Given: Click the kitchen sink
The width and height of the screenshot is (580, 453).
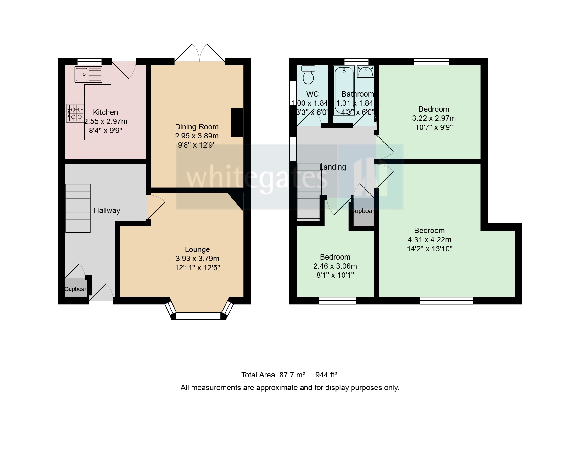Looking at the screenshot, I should pos(88,75).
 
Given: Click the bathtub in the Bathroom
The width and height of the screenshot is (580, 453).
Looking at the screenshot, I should pos(344,91).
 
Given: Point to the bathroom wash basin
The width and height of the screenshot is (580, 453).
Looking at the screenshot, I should pos(365,72).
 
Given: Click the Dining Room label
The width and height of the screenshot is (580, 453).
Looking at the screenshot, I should pos(197,127).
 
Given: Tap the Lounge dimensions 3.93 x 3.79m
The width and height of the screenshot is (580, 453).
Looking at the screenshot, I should pos(197,259).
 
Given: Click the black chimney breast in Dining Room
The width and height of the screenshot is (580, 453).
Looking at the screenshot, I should pos(237,122).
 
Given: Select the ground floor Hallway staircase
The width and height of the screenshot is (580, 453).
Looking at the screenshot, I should pos(78,208).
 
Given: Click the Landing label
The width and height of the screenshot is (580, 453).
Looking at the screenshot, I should pos(332,167).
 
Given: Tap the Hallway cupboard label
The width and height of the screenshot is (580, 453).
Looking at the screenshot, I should pos(75,289).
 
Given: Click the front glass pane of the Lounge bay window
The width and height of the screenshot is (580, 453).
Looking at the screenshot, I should pos(198,316).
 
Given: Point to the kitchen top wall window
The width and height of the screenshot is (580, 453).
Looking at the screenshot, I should pos(90,61).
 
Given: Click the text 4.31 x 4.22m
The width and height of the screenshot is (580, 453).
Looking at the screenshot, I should pos(429,240).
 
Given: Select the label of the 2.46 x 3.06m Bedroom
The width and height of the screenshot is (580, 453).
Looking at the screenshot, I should pos(335,257).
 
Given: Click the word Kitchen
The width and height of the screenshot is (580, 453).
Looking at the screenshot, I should pos(105,112).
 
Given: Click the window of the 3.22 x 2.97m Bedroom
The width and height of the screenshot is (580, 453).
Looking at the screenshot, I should pos(432,61).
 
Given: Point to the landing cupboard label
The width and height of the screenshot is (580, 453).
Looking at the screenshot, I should pos(363,211).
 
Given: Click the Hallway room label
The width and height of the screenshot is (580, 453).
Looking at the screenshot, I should pos(107,210).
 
